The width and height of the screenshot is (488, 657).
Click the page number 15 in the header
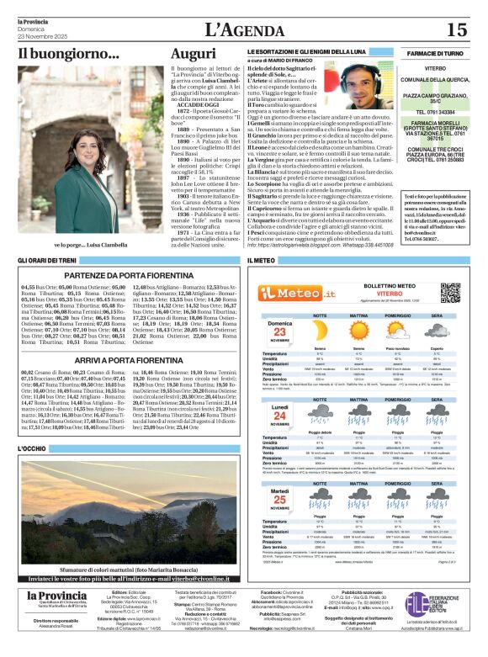[x=458, y=30]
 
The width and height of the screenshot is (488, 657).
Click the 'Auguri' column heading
[x=193, y=54]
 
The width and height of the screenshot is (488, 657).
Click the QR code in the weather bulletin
[x=450, y=292]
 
